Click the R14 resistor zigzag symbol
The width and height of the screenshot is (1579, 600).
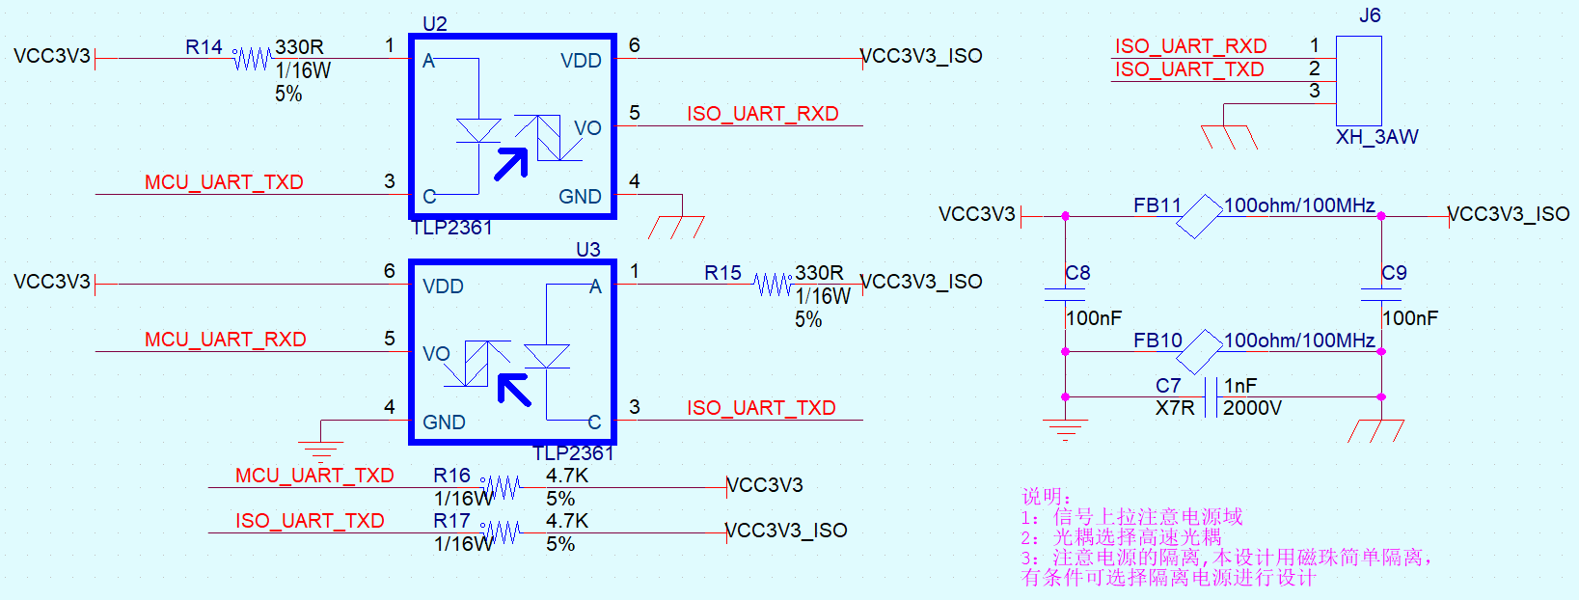(252, 59)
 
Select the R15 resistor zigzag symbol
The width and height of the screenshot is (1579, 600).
(773, 285)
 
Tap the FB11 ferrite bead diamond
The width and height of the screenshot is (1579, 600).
(1198, 216)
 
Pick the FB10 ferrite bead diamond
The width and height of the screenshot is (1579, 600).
(1198, 352)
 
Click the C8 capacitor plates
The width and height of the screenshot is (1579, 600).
(1065, 295)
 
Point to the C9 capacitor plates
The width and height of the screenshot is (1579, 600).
(1381, 295)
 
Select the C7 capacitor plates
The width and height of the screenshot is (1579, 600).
(1211, 396)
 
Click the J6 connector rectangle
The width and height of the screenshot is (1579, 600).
(1358, 81)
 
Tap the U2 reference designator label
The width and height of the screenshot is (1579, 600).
(435, 24)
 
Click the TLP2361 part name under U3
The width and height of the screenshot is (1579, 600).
(573, 453)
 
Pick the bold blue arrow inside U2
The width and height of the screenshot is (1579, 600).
(512, 164)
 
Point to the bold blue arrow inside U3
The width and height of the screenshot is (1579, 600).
(514, 390)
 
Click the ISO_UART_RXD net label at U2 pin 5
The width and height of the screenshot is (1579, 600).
(763, 114)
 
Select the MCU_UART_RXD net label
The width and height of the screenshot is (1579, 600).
(226, 340)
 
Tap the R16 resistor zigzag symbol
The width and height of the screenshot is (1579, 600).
(501, 487)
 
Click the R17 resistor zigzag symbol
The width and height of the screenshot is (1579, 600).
(501, 532)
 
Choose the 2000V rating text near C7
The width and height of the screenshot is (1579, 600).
(1252, 408)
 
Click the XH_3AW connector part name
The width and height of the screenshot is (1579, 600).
(1376, 137)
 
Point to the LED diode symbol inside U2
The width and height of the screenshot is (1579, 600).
(478, 130)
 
